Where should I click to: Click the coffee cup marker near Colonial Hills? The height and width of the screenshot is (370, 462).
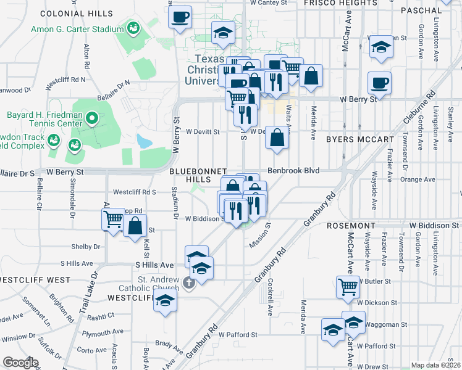180,17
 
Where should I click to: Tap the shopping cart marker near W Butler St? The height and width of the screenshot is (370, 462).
348,286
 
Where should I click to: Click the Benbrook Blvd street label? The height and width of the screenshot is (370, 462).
293,170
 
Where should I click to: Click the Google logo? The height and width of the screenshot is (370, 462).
20,362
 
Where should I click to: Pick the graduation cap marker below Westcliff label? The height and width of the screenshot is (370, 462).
166,300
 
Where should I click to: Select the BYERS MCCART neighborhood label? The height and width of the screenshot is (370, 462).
361,139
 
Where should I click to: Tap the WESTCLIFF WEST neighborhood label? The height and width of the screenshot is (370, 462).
35,280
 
